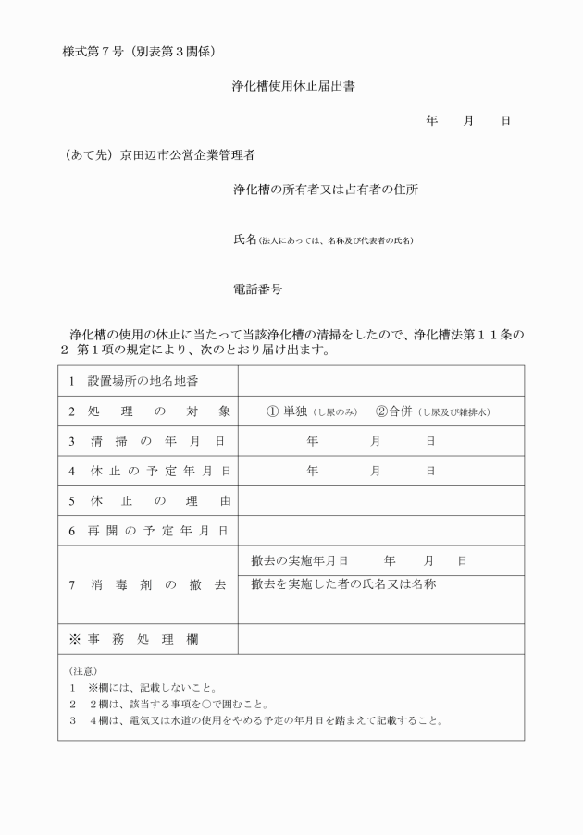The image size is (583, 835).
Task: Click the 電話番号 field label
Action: pyautogui.click(x=257, y=289)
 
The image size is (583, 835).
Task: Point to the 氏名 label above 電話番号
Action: pyautogui.click(x=244, y=239)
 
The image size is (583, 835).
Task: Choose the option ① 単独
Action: pyautogui.click(x=288, y=411)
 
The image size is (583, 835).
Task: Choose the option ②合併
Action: pyautogui.click(x=393, y=411)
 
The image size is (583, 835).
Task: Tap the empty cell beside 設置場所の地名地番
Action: pyautogui.click(x=380, y=381)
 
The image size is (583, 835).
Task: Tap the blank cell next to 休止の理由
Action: pyautogui.click(x=380, y=501)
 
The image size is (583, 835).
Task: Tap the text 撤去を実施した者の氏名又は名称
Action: pyautogui.click(x=343, y=584)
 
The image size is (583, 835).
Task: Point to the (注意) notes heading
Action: pyautogui.click(x=83, y=670)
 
